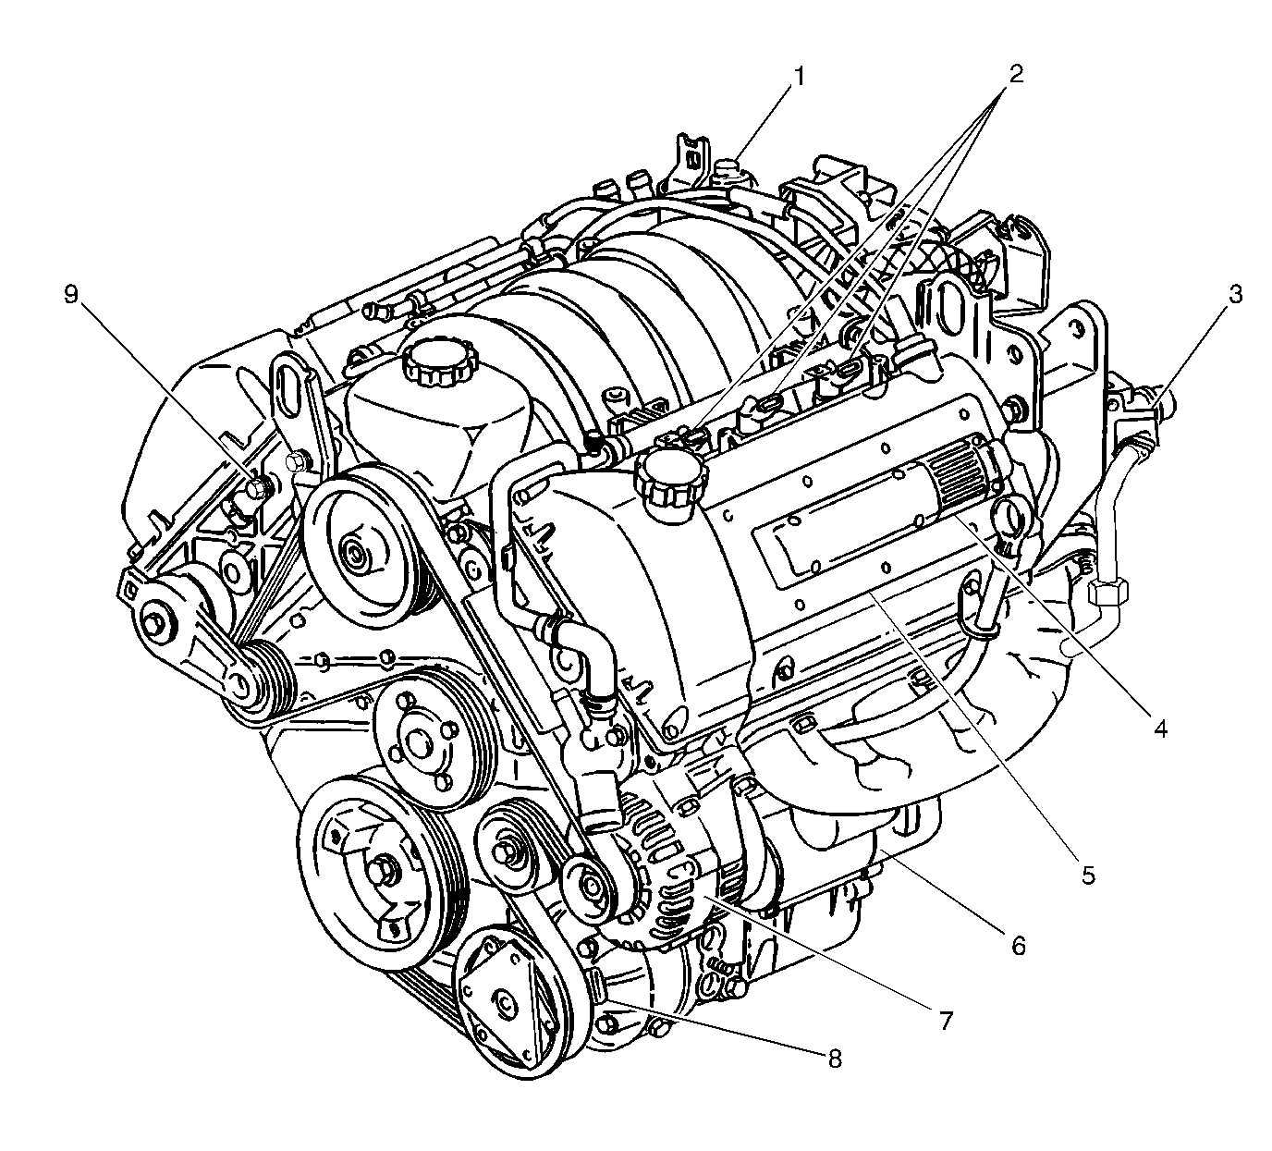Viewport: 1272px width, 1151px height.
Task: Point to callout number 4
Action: tap(1160, 730)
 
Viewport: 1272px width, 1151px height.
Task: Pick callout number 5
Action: tap(1088, 875)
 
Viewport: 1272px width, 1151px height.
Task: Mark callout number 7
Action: tap(946, 1021)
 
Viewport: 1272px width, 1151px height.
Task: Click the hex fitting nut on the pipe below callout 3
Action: tap(1107, 593)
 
